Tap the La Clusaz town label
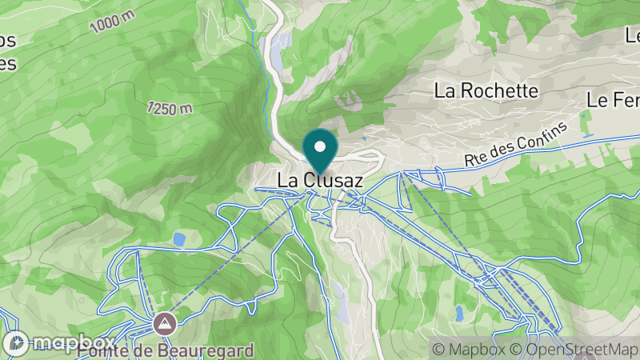[320, 182]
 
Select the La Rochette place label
[486, 90]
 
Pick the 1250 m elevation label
[170, 108]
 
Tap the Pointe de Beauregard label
[166, 350]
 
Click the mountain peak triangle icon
[165, 324]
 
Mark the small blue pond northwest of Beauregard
[179, 238]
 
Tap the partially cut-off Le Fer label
[613, 100]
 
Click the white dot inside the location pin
[321, 146]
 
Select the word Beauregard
[205, 350]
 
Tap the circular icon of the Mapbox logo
[16, 343]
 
